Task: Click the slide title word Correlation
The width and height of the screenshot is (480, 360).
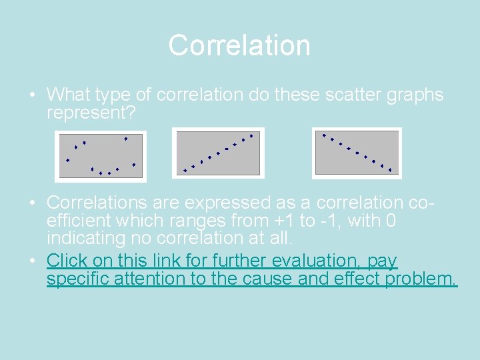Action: coord(239,45)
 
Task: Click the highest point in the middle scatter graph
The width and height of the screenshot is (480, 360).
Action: coord(251,135)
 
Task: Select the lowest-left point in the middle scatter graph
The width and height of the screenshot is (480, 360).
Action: coord(185,171)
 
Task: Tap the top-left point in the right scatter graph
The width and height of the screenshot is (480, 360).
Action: coord(324,136)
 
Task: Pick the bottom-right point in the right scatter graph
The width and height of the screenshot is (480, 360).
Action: coord(390,170)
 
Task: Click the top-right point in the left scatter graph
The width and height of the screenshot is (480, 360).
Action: coord(125,138)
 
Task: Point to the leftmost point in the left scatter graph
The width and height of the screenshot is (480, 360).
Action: coord(67,160)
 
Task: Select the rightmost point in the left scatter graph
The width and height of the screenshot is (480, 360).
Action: coord(134,164)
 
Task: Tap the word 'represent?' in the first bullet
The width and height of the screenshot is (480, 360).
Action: coord(91,113)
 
